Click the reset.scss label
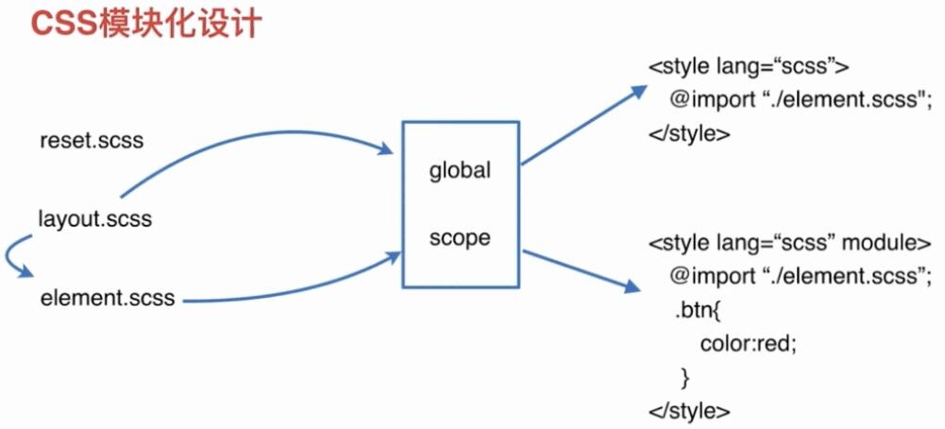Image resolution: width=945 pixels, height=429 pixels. click(93, 141)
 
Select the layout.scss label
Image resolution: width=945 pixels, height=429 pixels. click(94, 219)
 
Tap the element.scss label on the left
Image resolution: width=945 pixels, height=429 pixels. click(108, 298)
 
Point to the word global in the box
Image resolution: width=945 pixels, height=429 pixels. click(460, 171)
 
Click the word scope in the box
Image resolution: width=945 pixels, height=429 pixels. click(460, 238)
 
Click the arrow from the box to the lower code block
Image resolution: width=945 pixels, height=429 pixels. click(576, 267)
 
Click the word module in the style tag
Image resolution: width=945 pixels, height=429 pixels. click(878, 242)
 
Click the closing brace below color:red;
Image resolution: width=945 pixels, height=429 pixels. click(685, 377)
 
